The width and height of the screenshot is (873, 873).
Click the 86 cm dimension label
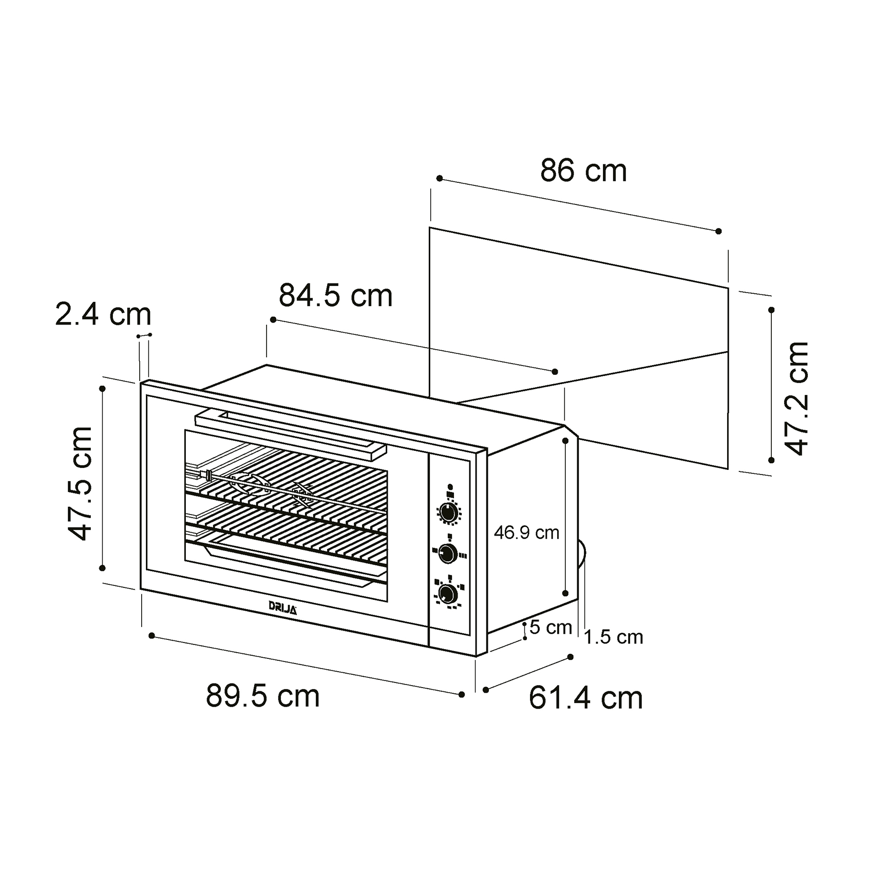click(x=583, y=171)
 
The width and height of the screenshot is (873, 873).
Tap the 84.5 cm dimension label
click(x=335, y=296)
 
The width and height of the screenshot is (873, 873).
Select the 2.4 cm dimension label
click(x=103, y=314)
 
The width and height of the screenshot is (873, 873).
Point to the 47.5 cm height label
click(x=81, y=484)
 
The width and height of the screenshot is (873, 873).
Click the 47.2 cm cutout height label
click(x=797, y=398)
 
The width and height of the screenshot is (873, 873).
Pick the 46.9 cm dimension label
click(x=526, y=533)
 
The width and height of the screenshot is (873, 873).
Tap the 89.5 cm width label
click(x=262, y=696)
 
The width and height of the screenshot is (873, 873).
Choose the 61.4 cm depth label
click(x=585, y=698)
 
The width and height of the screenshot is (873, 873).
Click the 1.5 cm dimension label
click(x=614, y=637)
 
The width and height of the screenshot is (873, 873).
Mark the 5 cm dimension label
click(x=551, y=627)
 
